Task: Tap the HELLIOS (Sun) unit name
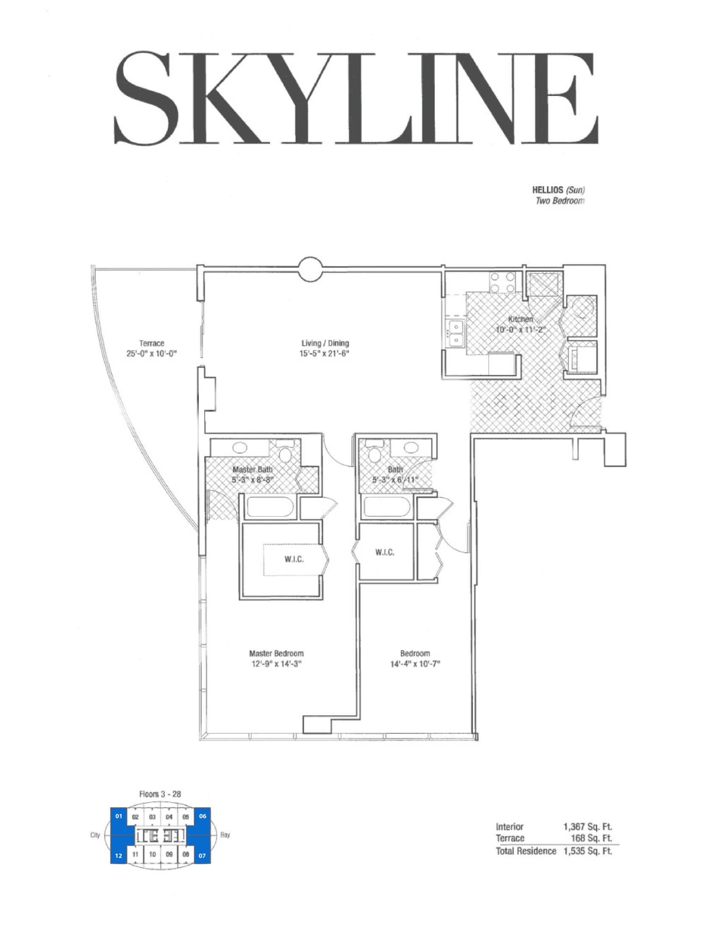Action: pyautogui.click(x=558, y=190)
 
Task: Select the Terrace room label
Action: pyautogui.click(x=151, y=343)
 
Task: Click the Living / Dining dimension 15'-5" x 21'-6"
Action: pyautogui.click(x=324, y=353)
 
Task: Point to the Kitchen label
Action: pyautogui.click(x=520, y=319)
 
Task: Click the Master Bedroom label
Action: pyautogui.click(x=276, y=653)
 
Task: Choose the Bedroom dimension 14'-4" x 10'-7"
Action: pyautogui.click(x=415, y=664)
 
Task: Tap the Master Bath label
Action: pyautogui.click(x=252, y=469)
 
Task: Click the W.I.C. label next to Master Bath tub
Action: pyautogui.click(x=294, y=559)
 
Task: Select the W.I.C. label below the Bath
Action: pyautogui.click(x=385, y=553)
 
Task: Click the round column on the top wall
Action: pyautogui.click(x=310, y=269)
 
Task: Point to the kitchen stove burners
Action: pyautogui.click(x=502, y=283)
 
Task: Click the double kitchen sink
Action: pyautogui.click(x=456, y=333)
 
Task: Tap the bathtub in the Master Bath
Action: pyautogui.click(x=270, y=507)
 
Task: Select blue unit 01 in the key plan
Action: pyautogui.click(x=119, y=816)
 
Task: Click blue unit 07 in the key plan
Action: pyautogui.click(x=202, y=855)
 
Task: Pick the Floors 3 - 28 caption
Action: pyautogui.click(x=160, y=794)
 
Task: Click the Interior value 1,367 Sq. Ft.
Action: pyautogui.click(x=588, y=827)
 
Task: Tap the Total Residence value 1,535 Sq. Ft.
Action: pyautogui.click(x=588, y=851)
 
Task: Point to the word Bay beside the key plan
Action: pyautogui.click(x=225, y=835)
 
